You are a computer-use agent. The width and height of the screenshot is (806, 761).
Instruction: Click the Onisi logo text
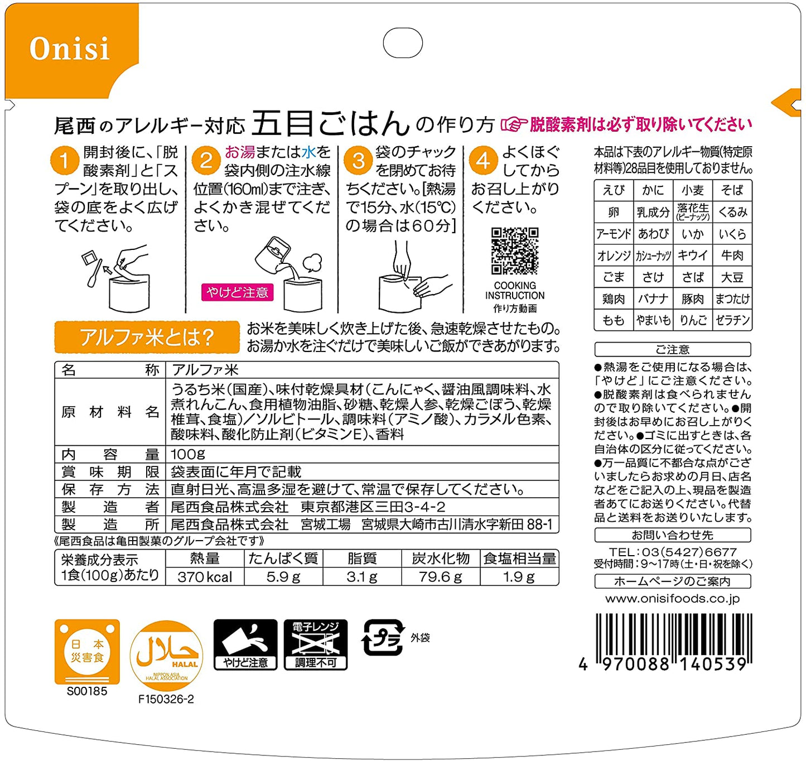69,49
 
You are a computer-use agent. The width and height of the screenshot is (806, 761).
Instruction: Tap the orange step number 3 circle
358,161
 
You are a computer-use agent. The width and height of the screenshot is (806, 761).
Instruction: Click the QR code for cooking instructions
515,251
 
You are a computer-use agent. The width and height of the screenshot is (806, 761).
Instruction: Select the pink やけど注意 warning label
238,292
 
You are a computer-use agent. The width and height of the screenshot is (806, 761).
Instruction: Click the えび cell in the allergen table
613,190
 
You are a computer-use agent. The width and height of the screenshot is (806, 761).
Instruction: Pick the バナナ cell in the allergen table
653,299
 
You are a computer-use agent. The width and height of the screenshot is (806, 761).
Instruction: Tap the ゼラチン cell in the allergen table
732,320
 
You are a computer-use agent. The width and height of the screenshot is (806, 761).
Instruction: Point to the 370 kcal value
205,577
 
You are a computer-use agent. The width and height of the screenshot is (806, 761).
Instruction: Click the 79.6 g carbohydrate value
440,577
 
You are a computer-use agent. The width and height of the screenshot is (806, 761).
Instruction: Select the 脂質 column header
362,558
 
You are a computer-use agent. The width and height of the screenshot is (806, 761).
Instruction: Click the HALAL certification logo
166,656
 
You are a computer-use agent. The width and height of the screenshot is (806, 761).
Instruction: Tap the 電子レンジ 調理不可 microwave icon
315,644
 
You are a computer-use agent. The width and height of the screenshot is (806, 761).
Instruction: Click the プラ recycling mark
383,638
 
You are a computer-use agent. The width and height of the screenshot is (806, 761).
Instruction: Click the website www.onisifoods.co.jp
673,599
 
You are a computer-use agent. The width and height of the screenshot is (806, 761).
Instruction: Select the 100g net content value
188,454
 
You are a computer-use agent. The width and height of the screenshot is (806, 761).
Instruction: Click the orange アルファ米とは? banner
147,337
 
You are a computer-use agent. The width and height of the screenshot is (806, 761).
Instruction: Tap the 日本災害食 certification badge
87,652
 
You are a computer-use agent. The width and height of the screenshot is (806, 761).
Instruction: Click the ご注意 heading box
673,349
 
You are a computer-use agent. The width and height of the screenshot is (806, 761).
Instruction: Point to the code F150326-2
166,699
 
